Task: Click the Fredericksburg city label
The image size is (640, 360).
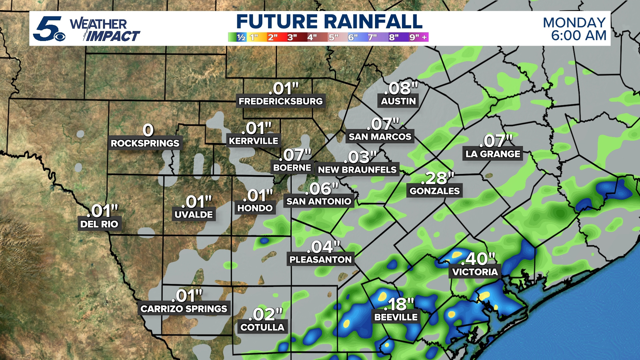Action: click(281, 101)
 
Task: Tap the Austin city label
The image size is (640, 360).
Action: click(398, 101)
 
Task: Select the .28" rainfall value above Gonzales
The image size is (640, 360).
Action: click(437, 178)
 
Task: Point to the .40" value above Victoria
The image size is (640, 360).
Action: click(478, 259)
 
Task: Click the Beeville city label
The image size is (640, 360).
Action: click(396, 317)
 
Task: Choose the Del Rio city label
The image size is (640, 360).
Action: click(99, 224)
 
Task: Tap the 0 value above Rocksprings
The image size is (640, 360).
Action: click(148, 130)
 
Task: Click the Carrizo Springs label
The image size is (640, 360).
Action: click(184, 309)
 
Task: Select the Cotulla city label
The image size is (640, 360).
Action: click(262, 327)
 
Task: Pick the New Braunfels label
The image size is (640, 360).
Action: click(357, 170)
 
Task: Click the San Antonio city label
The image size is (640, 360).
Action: click(319, 201)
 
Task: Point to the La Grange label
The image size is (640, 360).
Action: click(493, 154)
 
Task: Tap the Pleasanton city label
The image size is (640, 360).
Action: click(320, 259)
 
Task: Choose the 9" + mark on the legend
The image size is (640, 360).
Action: click(418, 37)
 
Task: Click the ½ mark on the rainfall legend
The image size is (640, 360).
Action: click(241, 37)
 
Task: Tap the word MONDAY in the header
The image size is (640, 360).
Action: click(574, 23)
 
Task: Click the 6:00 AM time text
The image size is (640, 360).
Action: click(578, 36)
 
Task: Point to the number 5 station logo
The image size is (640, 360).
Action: click(49, 29)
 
